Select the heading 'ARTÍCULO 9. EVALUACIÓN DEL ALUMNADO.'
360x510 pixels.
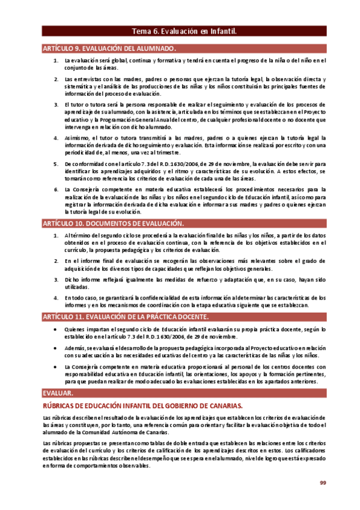coord(109,48)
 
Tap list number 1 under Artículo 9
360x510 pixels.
coord(56,60)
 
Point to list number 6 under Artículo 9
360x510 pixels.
coord(56,189)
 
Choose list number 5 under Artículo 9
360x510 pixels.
coord(56,164)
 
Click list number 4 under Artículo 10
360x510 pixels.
coord(56,298)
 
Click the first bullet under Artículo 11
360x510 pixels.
coord(56,330)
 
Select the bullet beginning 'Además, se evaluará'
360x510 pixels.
coord(56,348)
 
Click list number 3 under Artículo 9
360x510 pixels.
coord(56,105)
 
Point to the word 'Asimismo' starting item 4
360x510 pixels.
coord(76,138)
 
